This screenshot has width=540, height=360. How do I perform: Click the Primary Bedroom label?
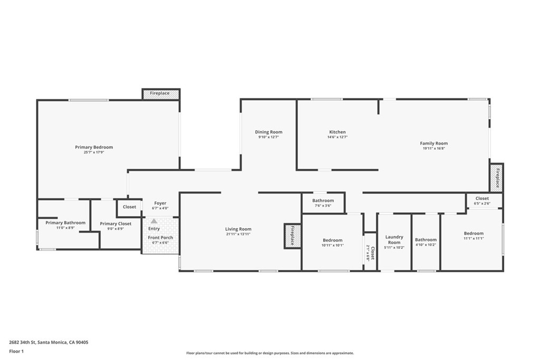pyautogui.click(x=94, y=147)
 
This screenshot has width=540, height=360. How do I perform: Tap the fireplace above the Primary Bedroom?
pyautogui.click(x=161, y=94)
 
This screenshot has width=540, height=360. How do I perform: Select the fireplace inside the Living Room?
pyautogui.click(x=292, y=236)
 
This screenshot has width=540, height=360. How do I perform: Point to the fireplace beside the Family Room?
pyautogui.click(x=497, y=178)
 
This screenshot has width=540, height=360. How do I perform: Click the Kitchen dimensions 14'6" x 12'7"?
pyautogui.click(x=337, y=137)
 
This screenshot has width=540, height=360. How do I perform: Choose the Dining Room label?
pyautogui.click(x=268, y=132)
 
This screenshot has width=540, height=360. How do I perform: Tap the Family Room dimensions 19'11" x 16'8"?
pyautogui.click(x=434, y=148)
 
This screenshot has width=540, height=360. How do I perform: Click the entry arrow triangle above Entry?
pyautogui.click(x=154, y=221)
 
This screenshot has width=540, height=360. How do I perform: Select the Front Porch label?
pyautogui.click(x=160, y=238)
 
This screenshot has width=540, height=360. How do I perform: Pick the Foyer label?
pyautogui.click(x=160, y=203)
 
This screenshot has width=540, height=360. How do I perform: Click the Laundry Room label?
pyautogui.click(x=394, y=239)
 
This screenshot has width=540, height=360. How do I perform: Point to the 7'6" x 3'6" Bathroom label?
pyautogui.click(x=323, y=201)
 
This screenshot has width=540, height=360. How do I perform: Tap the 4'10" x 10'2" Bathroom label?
pyautogui.click(x=426, y=239)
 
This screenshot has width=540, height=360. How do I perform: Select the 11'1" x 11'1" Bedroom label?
pyautogui.click(x=474, y=233)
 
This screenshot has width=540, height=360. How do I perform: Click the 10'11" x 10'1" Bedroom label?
pyautogui.click(x=333, y=240)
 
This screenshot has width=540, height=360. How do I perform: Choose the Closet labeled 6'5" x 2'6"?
pyautogui.click(x=482, y=198)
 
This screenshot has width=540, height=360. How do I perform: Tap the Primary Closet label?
pyautogui.click(x=115, y=223)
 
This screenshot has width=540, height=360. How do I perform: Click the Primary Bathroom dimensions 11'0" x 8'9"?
pyautogui.click(x=65, y=228)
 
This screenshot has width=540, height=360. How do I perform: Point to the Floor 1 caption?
pyautogui.click(x=16, y=352)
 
